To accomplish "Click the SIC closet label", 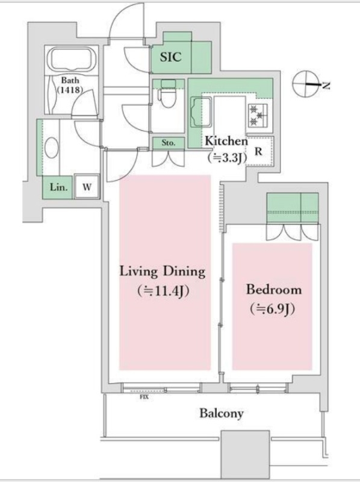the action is [171, 57].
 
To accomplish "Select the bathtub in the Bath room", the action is [73, 59].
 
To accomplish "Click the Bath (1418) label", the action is [70, 85].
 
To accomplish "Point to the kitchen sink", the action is [202, 112].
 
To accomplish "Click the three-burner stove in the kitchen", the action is [258, 115].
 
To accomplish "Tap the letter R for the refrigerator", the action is [259, 152].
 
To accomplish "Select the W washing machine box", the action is [87, 187].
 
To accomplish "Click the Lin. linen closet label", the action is [58, 187].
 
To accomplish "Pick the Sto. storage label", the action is [169, 143].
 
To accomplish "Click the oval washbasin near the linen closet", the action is [51, 148].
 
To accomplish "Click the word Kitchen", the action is [226, 141].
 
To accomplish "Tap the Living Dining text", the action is [162, 272].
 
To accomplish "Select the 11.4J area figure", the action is [163, 291].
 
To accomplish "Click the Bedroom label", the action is [274, 290].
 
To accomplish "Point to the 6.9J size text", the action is [273, 309].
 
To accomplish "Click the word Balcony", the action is [222, 413].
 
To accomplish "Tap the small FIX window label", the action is [144, 397].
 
